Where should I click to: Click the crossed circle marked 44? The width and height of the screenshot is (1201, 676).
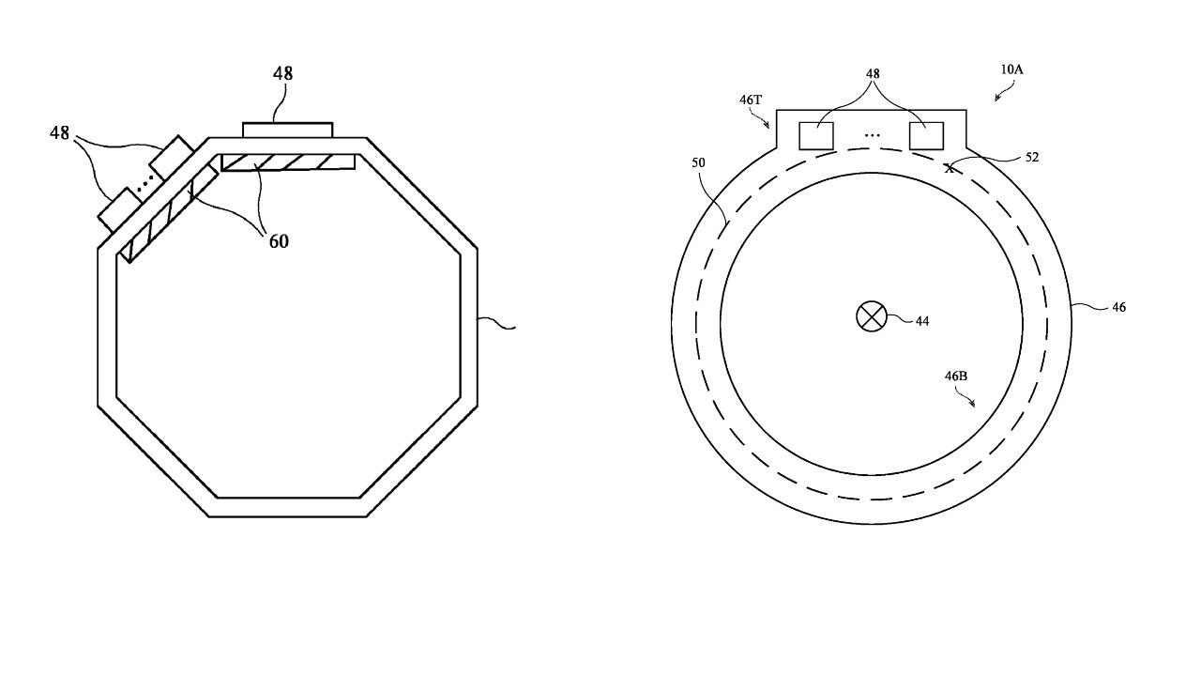872,317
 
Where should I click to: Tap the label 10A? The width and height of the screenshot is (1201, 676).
1011,69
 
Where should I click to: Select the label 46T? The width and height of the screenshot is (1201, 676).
752,99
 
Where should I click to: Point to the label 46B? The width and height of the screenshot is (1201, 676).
956,376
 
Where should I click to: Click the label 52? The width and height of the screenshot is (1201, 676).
1031,158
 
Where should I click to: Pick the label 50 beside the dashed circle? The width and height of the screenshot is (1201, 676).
698,162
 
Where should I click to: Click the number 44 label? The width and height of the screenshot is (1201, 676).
922,321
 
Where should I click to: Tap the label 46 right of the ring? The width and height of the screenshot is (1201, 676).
1118,307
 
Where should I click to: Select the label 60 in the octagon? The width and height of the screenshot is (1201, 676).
278,241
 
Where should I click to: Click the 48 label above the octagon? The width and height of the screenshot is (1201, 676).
282,73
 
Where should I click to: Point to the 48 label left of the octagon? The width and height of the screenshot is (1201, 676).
60,133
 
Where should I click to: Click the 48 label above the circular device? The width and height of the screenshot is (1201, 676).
872,72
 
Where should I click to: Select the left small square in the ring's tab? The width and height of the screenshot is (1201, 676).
816,135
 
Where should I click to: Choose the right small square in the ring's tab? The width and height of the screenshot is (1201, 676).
926,135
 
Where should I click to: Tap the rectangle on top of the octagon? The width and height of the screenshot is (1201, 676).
287,130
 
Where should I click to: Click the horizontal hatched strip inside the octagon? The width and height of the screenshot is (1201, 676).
288,162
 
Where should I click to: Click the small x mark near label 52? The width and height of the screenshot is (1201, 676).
949,169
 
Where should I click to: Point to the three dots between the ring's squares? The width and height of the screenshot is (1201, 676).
873,136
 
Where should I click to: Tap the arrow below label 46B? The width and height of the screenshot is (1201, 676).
966,398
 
